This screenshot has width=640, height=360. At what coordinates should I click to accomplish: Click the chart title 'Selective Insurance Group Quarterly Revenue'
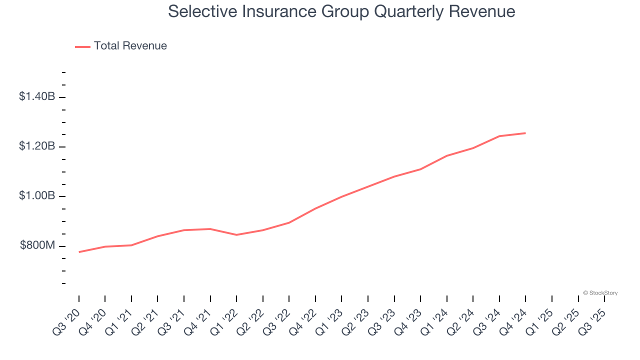tap(341, 11)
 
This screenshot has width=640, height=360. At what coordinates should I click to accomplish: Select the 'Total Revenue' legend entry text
tap(130, 46)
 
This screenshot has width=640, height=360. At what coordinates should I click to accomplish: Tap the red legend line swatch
tap(82, 46)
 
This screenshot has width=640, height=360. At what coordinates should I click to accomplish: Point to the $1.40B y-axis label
tap(37, 96)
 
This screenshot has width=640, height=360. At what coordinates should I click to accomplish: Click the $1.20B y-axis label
tap(37, 146)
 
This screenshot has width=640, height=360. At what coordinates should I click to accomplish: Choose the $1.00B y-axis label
tap(37, 195)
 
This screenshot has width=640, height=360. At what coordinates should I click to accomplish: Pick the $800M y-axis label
tap(37, 245)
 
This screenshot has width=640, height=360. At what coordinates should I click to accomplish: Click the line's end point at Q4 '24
tap(525, 133)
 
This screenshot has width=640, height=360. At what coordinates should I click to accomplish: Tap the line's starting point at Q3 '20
tap(79, 252)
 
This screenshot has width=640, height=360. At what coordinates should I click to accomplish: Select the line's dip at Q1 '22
tap(236, 235)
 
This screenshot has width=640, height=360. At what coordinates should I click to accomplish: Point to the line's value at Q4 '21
tap(210, 229)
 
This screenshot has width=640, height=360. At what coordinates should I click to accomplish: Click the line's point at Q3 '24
tap(499, 136)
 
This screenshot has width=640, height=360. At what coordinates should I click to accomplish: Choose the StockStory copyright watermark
tap(600, 293)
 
